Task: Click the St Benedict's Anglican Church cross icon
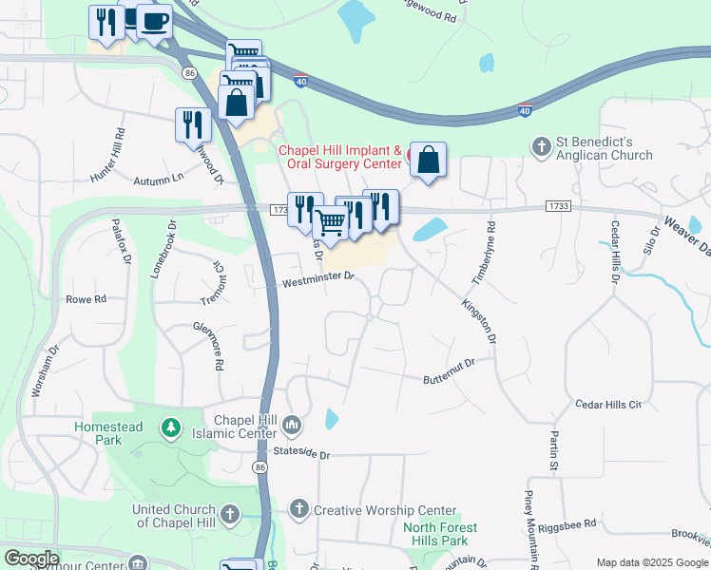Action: [x=542, y=146]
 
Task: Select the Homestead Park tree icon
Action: [x=171, y=427]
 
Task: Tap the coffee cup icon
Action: [x=154, y=21]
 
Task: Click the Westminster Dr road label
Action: [x=317, y=279]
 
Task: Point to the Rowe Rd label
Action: [x=86, y=298]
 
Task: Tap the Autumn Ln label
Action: [x=157, y=180]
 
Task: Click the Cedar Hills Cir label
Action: [x=608, y=405]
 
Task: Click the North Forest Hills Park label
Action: [x=440, y=534]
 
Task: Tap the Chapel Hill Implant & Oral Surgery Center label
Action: [x=339, y=157]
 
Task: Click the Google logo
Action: [x=31, y=559]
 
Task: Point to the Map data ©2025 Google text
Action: [x=651, y=561]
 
